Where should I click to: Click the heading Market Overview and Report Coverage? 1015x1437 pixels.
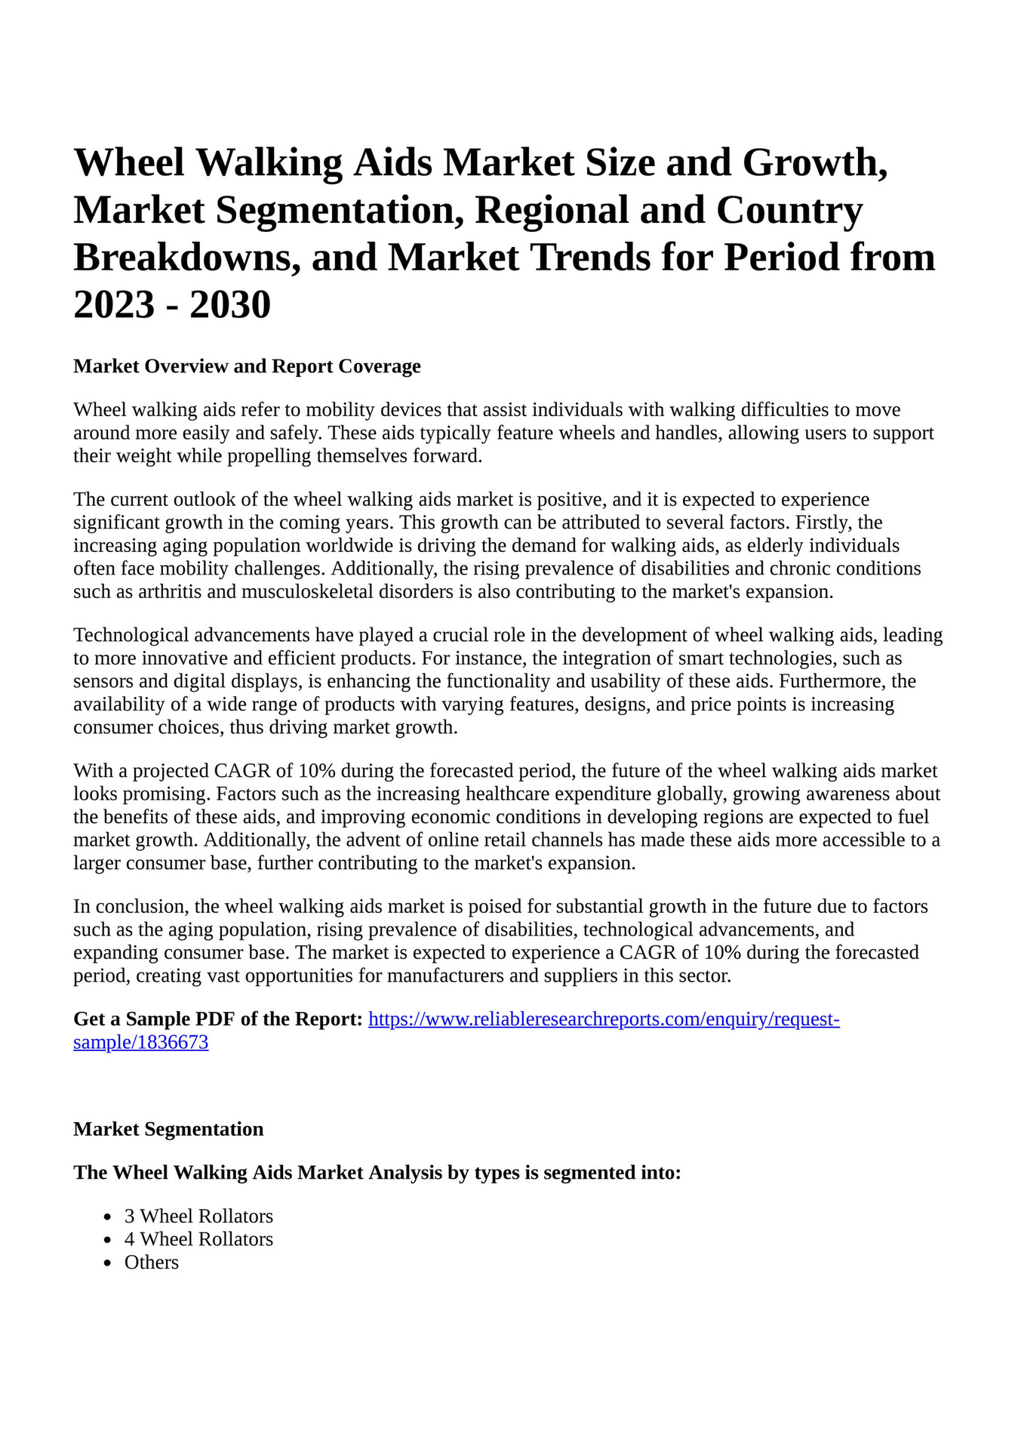click(247, 366)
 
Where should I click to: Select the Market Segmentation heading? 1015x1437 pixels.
click(168, 1129)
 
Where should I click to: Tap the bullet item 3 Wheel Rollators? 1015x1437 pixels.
click(198, 1217)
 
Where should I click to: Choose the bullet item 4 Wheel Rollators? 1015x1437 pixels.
click(198, 1239)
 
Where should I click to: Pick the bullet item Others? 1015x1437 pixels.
click(152, 1263)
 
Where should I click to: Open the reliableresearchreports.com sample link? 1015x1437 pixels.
click(603, 1019)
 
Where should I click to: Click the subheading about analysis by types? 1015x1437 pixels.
click(377, 1173)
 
